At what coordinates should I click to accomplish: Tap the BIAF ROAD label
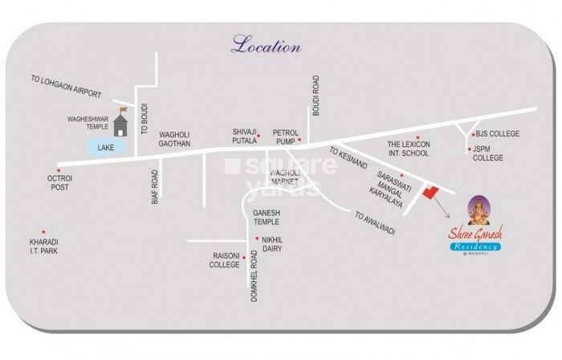155,186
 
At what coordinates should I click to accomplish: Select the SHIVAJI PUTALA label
240,136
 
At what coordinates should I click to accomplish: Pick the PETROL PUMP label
285,136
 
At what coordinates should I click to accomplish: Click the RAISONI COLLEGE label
225,260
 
